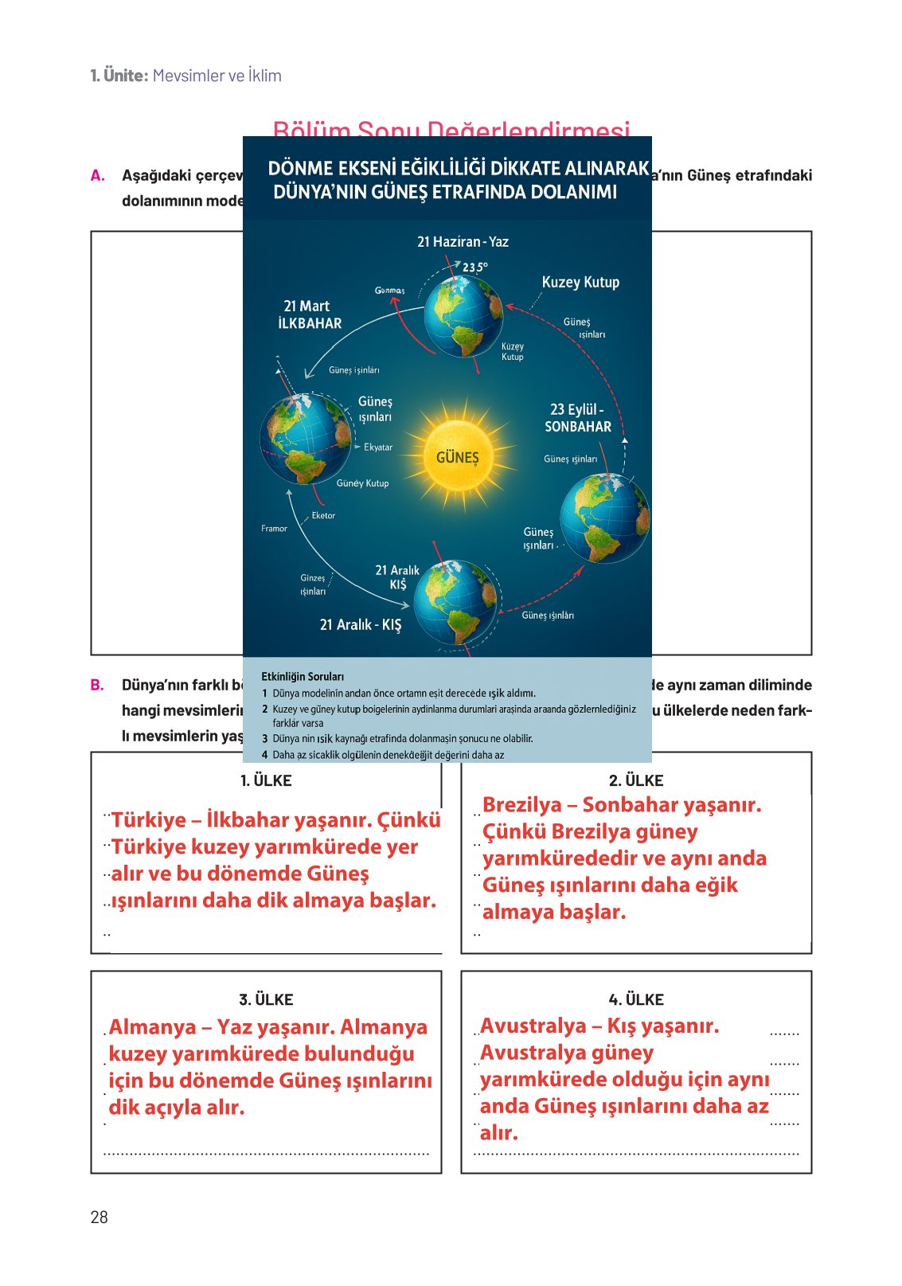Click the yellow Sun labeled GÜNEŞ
click(x=458, y=456)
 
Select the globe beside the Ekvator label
click(x=306, y=439)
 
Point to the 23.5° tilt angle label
click(x=475, y=268)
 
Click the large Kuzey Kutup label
click(x=580, y=282)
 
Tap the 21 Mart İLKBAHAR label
click(x=309, y=315)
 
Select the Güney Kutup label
click(x=362, y=483)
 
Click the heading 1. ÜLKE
click(x=266, y=780)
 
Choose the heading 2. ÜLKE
click(x=635, y=780)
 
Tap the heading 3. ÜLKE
click(x=266, y=999)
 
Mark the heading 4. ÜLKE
click(x=635, y=999)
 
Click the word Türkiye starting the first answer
click(x=149, y=820)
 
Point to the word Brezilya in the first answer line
click(x=521, y=805)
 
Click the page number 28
click(x=99, y=1217)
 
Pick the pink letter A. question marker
click(x=98, y=176)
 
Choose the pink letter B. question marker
click(x=97, y=685)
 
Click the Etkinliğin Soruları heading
click(x=303, y=677)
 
